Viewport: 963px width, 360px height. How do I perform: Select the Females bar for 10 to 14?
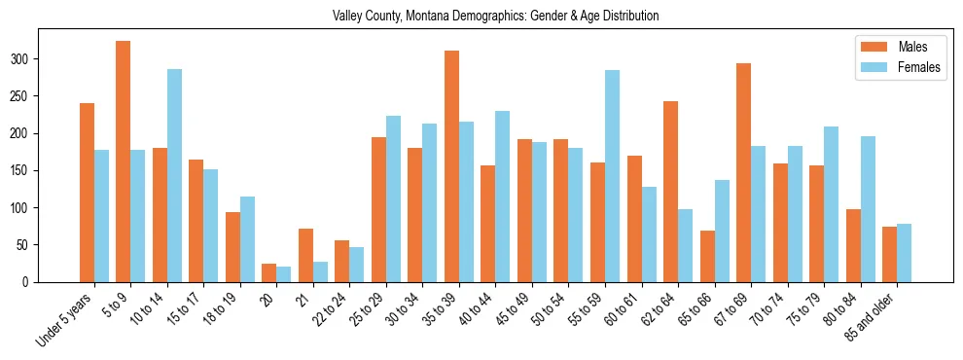(174, 175)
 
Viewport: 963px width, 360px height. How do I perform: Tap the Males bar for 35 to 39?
(452, 166)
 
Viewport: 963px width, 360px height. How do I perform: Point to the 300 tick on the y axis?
(39, 59)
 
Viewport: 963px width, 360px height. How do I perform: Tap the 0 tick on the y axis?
(39, 282)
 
